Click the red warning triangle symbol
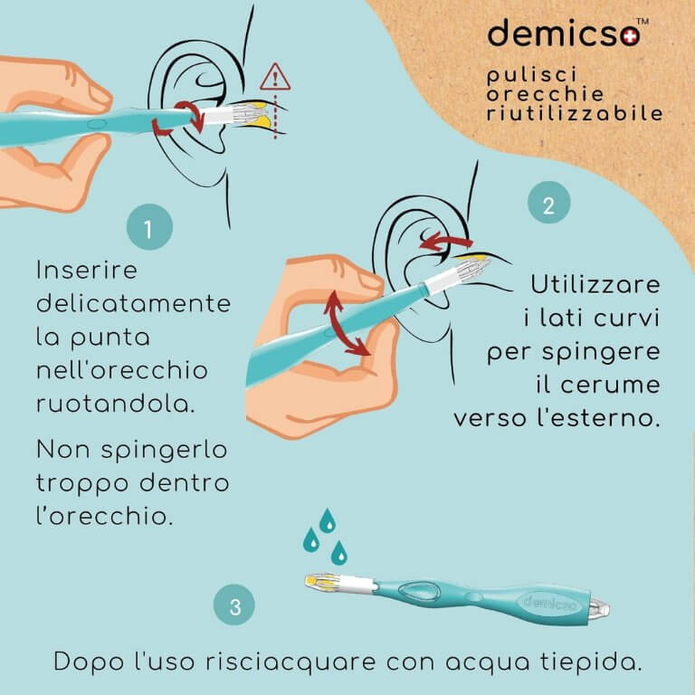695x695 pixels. [275, 78]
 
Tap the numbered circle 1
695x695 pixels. [149, 227]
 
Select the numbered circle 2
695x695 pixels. [548, 203]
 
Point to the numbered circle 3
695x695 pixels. [234, 605]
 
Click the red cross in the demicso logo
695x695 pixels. [630, 36]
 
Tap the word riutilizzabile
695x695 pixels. [575, 113]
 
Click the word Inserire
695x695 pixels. [87, 270]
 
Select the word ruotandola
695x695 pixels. [115, 404]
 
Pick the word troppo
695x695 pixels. [82, 484]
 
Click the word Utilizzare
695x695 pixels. [595, 284]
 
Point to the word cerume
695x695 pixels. [610, 385]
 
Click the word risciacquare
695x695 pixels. [290, 662]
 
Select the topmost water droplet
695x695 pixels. [328, 520]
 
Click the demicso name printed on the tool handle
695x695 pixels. [550, 603]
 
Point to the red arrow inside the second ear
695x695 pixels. [445, 242]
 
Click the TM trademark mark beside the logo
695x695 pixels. [643, 22]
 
